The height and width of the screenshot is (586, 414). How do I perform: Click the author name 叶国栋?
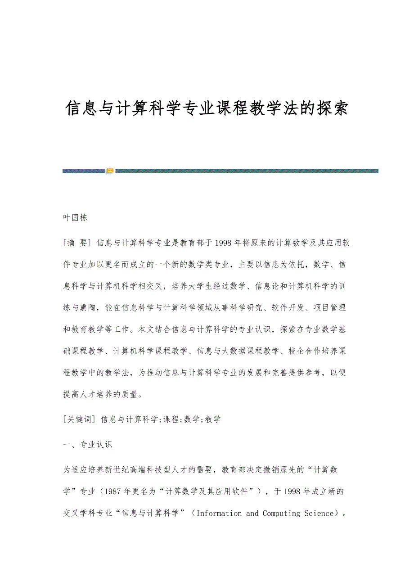tap(75, 218)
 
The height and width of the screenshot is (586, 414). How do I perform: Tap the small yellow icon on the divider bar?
tap(110, 171)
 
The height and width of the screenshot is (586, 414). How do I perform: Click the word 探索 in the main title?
tap(332, 108)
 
